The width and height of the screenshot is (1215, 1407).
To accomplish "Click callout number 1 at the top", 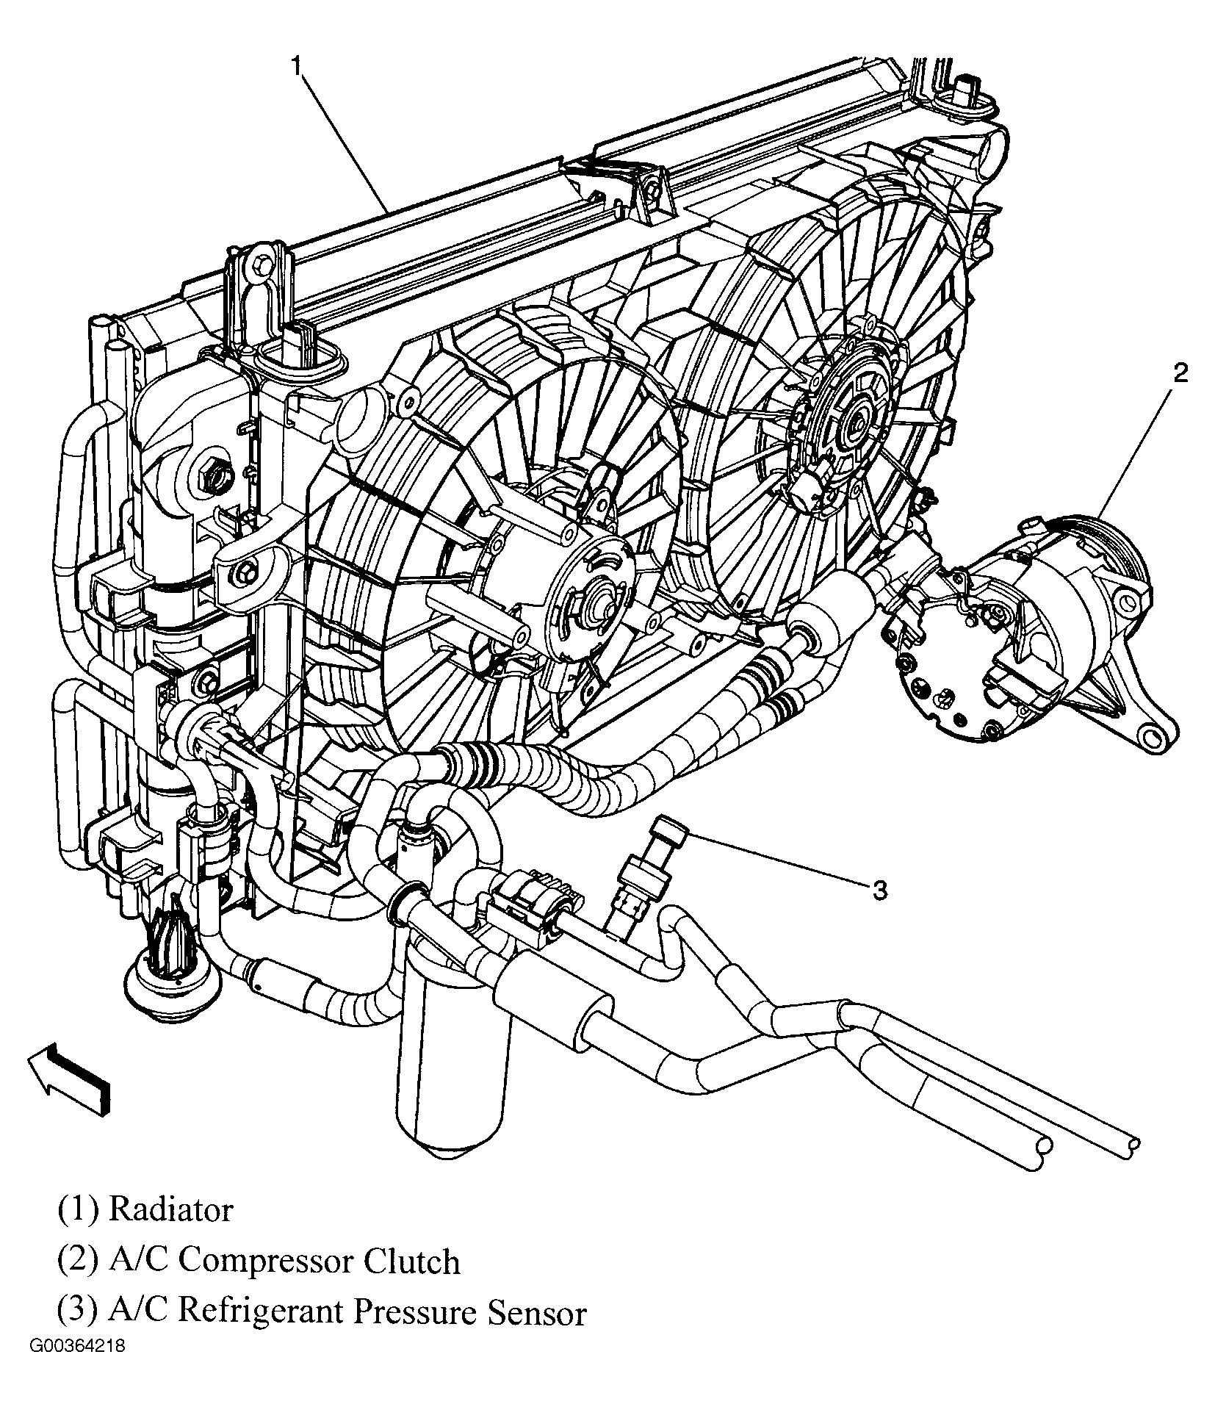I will pyautogui.click(x=295, y=67).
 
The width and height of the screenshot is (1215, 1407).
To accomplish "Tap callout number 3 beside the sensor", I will pyautogui.click(x=881, y=890).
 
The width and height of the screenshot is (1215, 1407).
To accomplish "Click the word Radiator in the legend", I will pyautogui.click(x=170, y=1209).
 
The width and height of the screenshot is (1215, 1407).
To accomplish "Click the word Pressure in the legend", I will pyautogui.click(x=415, y=1313).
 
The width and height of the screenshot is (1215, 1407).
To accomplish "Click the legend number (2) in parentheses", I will pyautogui.click(x=77, y=1262).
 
